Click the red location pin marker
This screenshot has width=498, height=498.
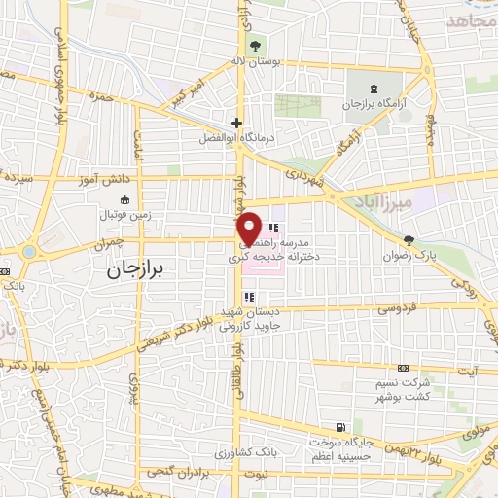[249, 228]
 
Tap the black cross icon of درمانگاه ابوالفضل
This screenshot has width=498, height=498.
[236, 123]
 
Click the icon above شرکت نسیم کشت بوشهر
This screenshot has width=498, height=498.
[404, 368]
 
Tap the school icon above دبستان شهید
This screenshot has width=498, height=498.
[237, 296]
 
